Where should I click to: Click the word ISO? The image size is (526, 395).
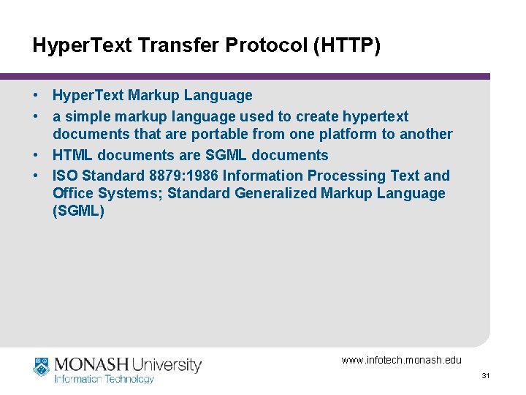(x=65, y=176)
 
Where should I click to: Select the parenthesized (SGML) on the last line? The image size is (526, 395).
(x=79, y=211)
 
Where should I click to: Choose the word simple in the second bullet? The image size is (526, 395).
(x=84, y=116)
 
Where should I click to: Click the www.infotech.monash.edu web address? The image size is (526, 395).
(x=401, y=360)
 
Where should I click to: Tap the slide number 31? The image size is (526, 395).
(x=485, y=376)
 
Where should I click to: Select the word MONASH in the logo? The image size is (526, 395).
(x=89, y=364)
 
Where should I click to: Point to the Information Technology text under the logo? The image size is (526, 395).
(x=104, y=379)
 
